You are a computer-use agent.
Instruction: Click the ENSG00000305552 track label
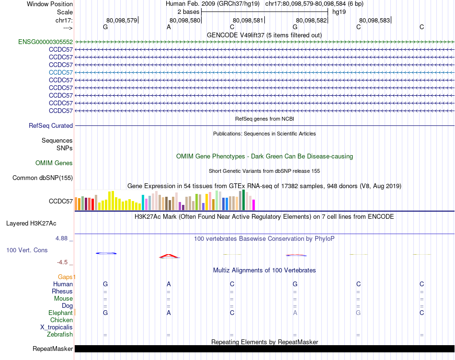pyautogui.click(x=45, y=42)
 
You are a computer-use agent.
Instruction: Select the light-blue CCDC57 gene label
pyautogui.click(x=61, y=72)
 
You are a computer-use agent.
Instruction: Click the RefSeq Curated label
pyautogui.click(x=51, y=126)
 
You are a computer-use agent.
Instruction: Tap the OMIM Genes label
pyautogui.click(x=54, y=163)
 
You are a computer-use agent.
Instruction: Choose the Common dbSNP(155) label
pyautogui.click(x=43, y=178)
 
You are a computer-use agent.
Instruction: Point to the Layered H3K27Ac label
pyautogui.click(x=31, y=224)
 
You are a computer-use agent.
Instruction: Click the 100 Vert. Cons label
pyautogui.click(x=27, y=250)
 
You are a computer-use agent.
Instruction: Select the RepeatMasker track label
pyautogui.click(x=53, y=349)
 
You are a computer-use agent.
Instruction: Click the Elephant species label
pyautogui.click(x=60, y=313)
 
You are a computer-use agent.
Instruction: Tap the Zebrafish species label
pyautogui.click(x=60, y=335)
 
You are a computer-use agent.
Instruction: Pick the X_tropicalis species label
pyautogui.click(x=57, y=327)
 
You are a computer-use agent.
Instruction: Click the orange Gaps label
pyautogui.click(x=67, y=277)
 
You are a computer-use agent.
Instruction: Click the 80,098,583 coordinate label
pyautogui.click(x=375, y=20)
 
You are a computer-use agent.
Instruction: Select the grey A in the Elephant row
pyautogui.click(x=295, y=313)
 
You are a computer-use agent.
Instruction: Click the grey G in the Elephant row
pyautogui.click(x=358, y=313)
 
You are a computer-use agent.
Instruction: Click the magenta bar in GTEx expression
pyautogui.click(x=253, y=205)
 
